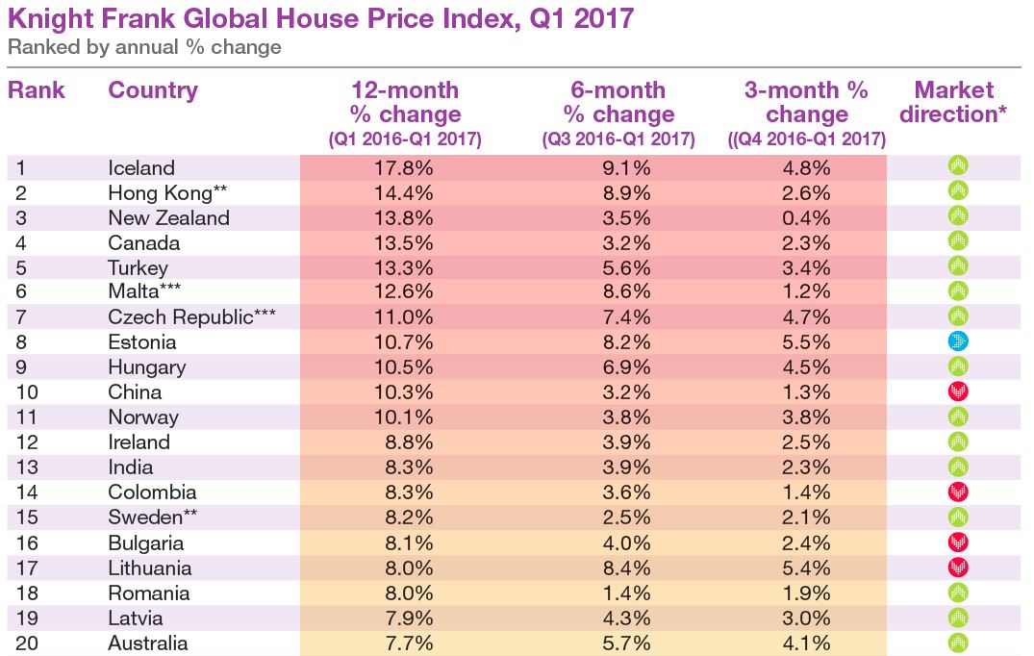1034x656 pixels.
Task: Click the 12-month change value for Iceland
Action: point(404,167)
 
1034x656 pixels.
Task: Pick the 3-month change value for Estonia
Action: point(807,341)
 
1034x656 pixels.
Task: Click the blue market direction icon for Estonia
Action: point(957,341)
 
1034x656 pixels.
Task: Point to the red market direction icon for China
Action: point(957,391)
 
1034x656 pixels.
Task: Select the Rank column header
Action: point(37,91)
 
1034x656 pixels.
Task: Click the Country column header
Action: point(153,91)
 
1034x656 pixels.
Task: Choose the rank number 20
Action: point(27,643)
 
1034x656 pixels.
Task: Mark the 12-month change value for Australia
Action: point(404,643)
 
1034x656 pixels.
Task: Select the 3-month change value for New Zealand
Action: point(807,217)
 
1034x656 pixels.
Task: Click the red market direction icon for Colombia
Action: point(957,492)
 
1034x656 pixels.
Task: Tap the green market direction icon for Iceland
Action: point(957,165)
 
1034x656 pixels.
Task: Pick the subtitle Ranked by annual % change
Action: point(144,47)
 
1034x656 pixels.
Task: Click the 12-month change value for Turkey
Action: point(404,267)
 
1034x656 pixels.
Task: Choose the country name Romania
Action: point(149,593)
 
